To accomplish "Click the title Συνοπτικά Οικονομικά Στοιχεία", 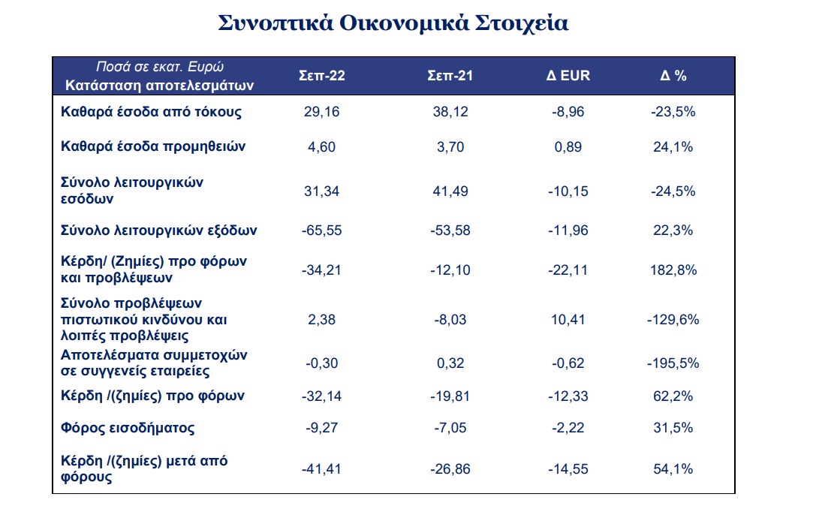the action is (393, 23).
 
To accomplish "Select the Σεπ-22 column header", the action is (322, 76).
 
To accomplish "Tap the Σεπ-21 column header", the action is (450, 76).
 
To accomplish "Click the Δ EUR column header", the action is (568, 76).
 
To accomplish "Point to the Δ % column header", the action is (673, 76).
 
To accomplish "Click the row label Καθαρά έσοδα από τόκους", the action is (152, 112).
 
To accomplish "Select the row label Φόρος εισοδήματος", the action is (128, 428).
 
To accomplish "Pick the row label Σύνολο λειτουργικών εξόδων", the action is (159, 230).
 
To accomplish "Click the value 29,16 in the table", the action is (322, 112).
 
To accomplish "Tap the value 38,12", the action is (450, 112).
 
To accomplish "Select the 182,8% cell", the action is (673, 270).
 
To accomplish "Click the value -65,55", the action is (322, 230).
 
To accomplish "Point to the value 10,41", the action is (568, 320).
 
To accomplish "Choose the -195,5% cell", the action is (673, 363).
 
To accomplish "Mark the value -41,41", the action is (322, 469).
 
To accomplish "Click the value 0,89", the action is (568, 147).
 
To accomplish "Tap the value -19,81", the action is (450, 396).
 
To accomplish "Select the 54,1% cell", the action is (673, 469).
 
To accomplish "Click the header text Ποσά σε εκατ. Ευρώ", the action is (160, 67).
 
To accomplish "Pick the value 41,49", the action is (450, 191).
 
